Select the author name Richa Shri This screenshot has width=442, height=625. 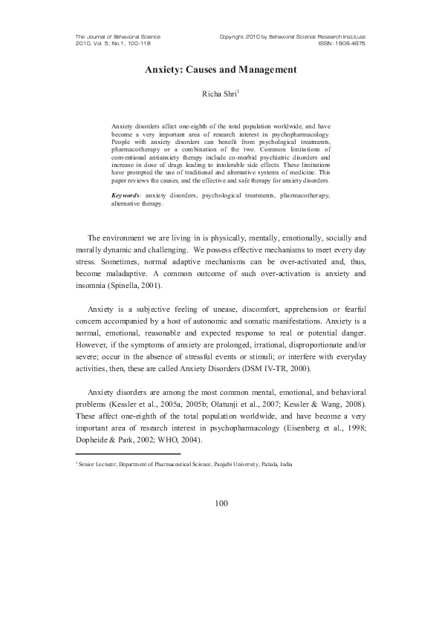click(220, 94)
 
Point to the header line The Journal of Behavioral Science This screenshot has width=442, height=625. click(118, 36)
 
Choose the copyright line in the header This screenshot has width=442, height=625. click(293, 36)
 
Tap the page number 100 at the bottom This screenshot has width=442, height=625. click(221, 503)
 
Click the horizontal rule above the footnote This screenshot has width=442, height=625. click(129, 454)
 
